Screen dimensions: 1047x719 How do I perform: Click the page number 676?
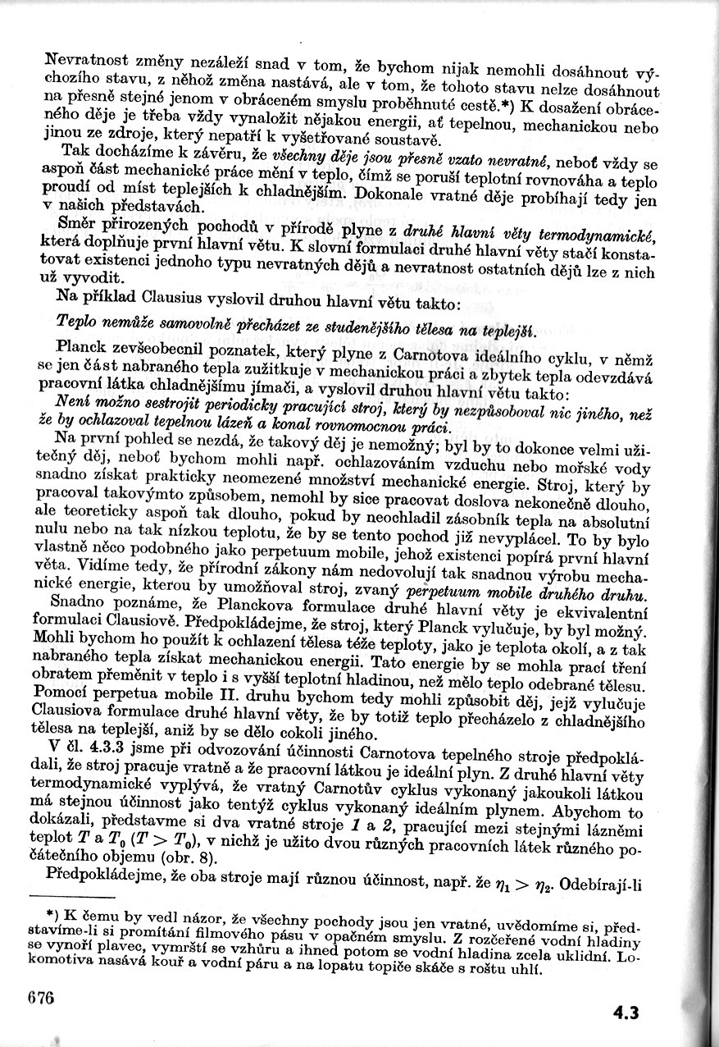pos(39,998)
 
